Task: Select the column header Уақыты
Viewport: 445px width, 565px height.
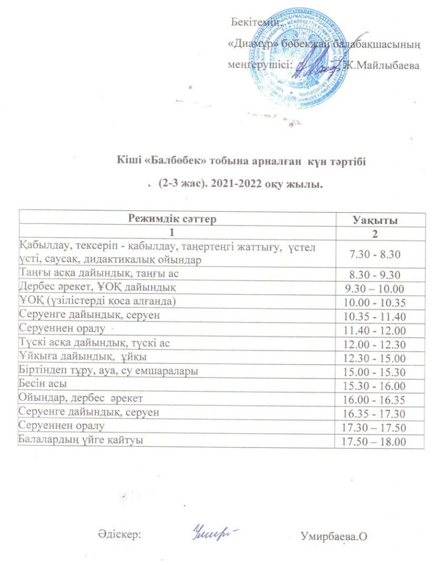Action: pos(375,220)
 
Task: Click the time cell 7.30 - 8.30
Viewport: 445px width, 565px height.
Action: pos(375,254)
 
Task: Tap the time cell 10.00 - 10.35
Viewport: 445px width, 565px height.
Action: pos(374,302)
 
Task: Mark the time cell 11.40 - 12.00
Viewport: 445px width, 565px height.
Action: pos(374,330)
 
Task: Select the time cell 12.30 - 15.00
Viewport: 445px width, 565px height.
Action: pos(374,358)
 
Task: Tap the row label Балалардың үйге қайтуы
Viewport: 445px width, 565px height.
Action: pos(83,440)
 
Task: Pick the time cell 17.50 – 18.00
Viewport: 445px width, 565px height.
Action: pos(374,442)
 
